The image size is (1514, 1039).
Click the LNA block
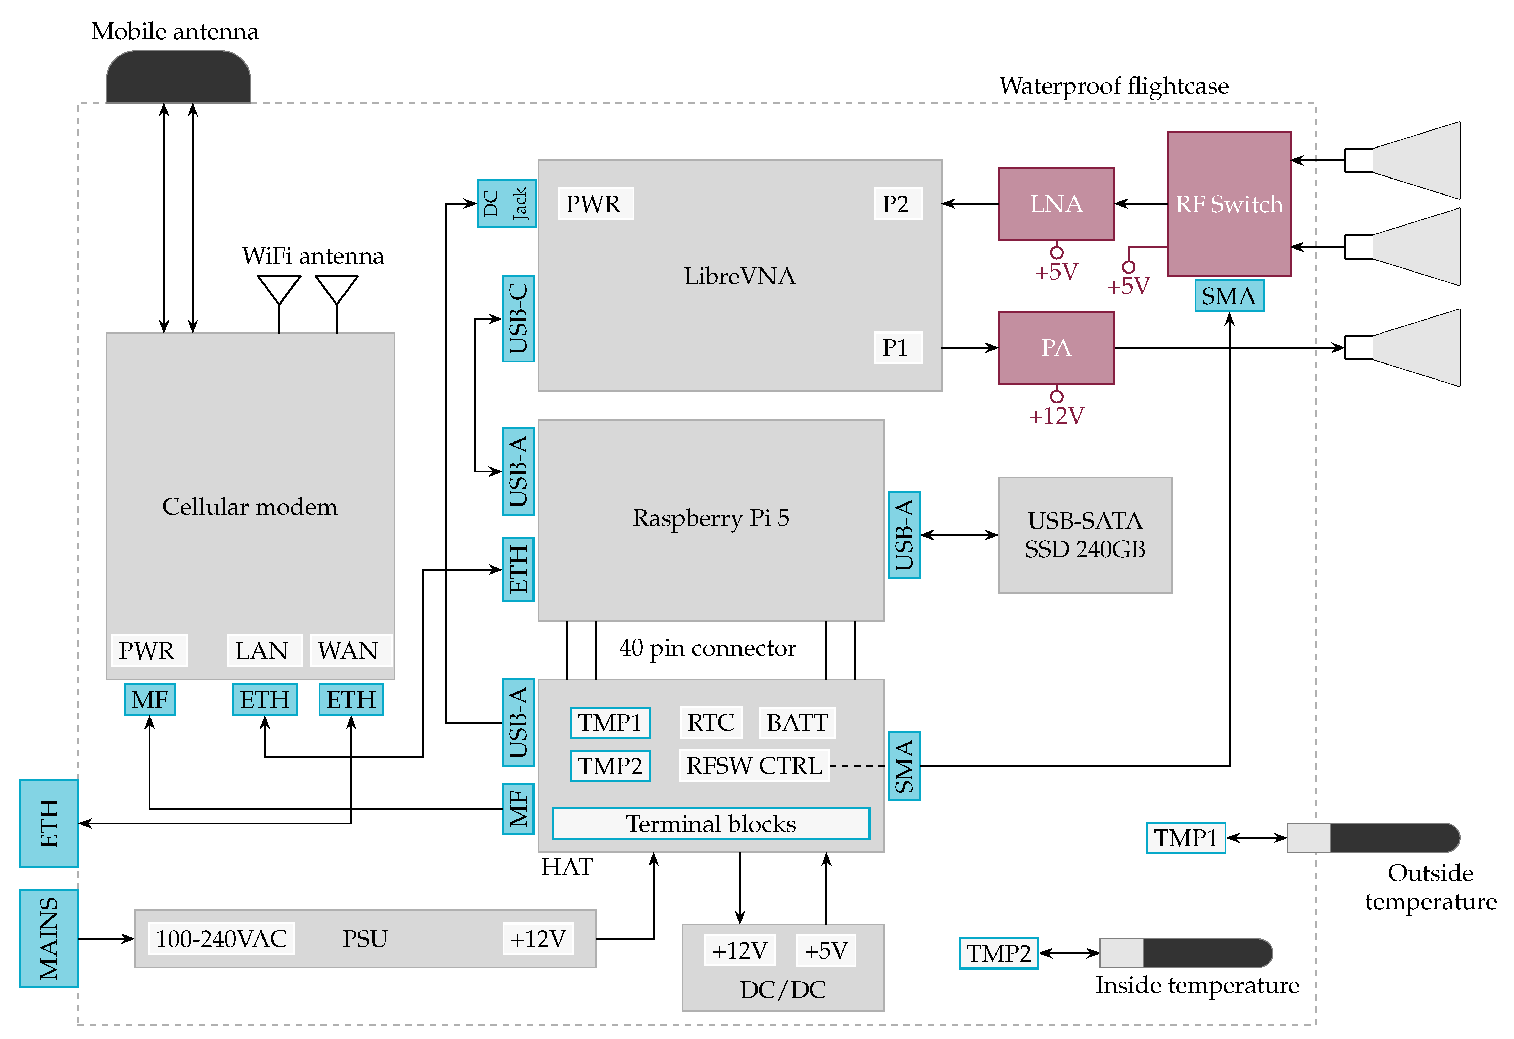[x=1056, y=203]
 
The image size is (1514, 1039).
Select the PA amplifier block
[x=1056, y=347]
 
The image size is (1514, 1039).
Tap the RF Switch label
[x=1229, y=204]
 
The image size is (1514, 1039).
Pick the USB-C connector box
[x=518, y=319]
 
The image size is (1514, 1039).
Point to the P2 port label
[x=897, y=203]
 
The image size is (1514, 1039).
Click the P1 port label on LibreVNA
[x=897, y=347]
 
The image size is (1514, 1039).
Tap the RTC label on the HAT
[x=710, y=722]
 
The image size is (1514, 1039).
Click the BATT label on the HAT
[x=797, y=722]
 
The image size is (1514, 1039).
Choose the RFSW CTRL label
[x=754, y=765]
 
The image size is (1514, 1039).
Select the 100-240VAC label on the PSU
[x=221, y=939]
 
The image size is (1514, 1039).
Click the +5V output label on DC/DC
[x=825, y=950]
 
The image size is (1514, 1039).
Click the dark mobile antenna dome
[x=178, y=77]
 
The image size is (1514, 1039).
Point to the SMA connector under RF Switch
[x=1229, y=296]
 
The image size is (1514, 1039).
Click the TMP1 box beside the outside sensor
[x=1186, y=838]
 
